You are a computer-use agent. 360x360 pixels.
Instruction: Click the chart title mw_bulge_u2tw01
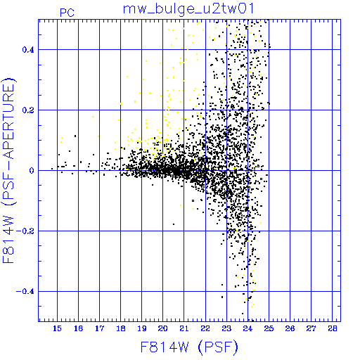(x=188, y=9)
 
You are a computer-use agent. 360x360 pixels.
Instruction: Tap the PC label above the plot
(x=67, y=13)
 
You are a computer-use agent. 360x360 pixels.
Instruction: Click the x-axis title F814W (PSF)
(x=189, y=347)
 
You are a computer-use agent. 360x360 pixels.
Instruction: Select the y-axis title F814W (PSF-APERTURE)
(x=8, y=170)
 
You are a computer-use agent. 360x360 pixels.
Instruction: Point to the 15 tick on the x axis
(x=57, y=328)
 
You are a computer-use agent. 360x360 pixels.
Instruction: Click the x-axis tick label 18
(x=120, y=328)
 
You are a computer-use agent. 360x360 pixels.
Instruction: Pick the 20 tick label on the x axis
(x=162, y=328)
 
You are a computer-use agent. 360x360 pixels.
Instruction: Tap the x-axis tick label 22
(x=205, y=328)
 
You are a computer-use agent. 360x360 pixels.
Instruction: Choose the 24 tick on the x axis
(x=247, y=328)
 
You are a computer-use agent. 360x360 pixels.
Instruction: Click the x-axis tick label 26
(x=290, y=328)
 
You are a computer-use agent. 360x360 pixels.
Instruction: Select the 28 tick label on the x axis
(x=333, y=328)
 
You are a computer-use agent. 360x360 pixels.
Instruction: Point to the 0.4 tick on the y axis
(x=28, y=50)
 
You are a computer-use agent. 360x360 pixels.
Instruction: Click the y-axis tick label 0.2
(x=28, y=110)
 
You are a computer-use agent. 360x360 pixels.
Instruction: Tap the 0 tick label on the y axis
(x=32, y=170)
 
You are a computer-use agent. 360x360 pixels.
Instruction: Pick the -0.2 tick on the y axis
(x=25, y=231)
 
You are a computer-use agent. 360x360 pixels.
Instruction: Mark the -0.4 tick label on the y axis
(x=25, y=292)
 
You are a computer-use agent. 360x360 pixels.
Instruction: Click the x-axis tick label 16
(x=78, y=328)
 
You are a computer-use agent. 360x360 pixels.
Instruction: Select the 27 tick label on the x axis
(x=311, y=328)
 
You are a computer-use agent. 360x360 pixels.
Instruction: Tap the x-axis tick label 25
(x=269, y=328)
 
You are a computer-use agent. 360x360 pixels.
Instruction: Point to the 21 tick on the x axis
(x=184, y=328)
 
